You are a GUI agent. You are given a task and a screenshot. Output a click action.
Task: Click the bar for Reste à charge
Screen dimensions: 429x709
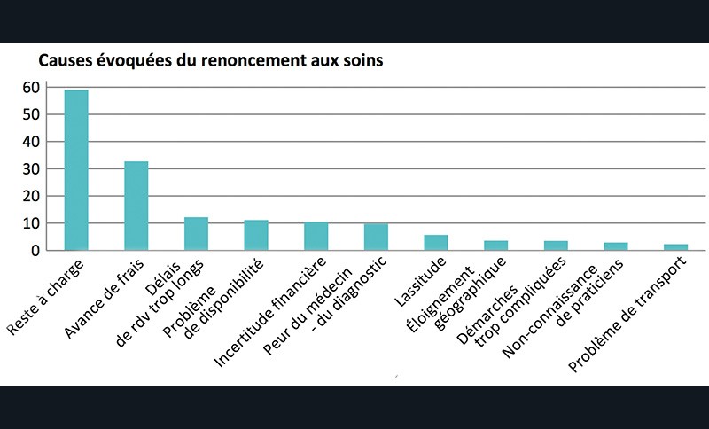pos(76,170)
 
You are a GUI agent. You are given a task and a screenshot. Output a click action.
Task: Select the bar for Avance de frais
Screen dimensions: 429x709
pos(136,206)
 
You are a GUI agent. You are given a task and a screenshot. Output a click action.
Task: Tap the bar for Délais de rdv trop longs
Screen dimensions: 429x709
pos(196,234)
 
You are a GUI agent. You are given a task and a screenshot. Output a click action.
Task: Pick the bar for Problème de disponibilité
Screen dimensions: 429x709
pos(256,235)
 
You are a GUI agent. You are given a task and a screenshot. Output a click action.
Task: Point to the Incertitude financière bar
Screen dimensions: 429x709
pos(316,236)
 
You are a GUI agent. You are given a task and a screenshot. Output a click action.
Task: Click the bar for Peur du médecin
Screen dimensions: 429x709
pos(376,237)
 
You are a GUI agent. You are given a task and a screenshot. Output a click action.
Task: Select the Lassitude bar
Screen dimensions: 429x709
pos(436,243)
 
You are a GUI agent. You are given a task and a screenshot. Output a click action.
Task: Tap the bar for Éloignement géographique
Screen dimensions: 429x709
pos(496,246)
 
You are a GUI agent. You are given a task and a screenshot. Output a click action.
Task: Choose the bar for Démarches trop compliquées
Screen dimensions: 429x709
pos(556,246)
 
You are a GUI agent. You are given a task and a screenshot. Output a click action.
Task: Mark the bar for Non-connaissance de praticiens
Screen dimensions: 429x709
pos(616,246)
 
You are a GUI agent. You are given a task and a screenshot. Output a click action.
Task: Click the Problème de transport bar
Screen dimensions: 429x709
pos(675,247)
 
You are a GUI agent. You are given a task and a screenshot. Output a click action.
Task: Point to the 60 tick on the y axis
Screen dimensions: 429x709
pos(32,87)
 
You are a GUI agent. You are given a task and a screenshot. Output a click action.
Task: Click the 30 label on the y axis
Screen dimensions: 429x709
pos(32,168)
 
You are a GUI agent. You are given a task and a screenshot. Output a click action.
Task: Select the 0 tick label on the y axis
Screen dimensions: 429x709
pos(36,250)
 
